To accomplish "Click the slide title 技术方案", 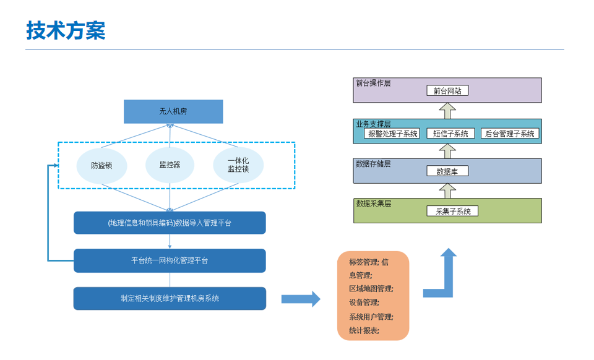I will [x=66, y=30].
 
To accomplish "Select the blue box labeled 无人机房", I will [x=173, y=111].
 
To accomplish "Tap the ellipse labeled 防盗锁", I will [x=101, y=165].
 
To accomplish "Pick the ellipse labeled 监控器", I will [x=170, y=165].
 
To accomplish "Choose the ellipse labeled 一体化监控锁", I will [x=238, y=165].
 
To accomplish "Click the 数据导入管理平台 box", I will [x=170, y=223].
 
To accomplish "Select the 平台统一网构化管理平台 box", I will [x=170, y=260].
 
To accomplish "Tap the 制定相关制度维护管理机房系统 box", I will [x=170, y=298].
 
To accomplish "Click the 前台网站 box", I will [x=447, y=90].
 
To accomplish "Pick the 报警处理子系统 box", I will [x=393, y=133].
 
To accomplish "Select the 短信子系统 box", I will [x=450, y=133].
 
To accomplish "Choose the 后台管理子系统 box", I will [x=509, y=133].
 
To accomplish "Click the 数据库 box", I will [x=447, y=171].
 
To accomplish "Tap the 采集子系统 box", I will [x=452, y=211].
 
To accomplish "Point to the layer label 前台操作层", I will [x=373, y=83].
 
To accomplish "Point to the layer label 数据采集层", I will [x=373, y=203].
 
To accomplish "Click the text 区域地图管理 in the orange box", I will [x=371, y=289].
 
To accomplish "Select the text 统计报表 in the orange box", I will [x=364, y=330].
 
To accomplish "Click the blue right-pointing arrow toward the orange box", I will [x=301, y=299].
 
